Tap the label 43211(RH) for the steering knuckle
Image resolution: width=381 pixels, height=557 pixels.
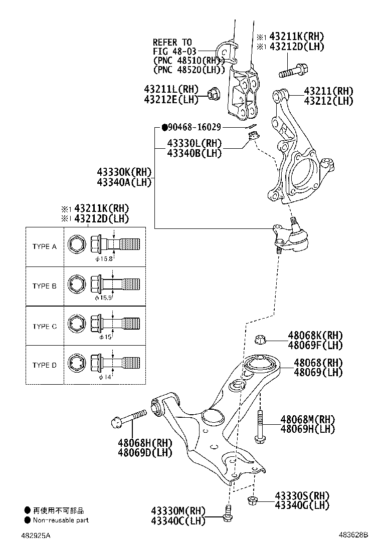click(328, 91)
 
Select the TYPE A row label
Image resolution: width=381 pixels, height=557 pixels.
click(45, 246)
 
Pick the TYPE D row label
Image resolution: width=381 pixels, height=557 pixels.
click(45, 365)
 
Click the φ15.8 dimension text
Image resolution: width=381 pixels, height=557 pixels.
click(103, 259)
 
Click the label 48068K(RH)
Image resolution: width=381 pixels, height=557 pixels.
click(315, 335)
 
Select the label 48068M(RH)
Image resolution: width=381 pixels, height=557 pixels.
click(315, 419)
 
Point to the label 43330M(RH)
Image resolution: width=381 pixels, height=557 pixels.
click(178, 511)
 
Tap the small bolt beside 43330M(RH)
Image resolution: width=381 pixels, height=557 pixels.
click(228, 514)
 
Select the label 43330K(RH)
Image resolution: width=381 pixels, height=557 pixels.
click(124, 172)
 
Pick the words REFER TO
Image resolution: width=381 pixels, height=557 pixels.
click(172, 42)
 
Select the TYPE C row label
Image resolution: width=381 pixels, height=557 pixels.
click(45, 326)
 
